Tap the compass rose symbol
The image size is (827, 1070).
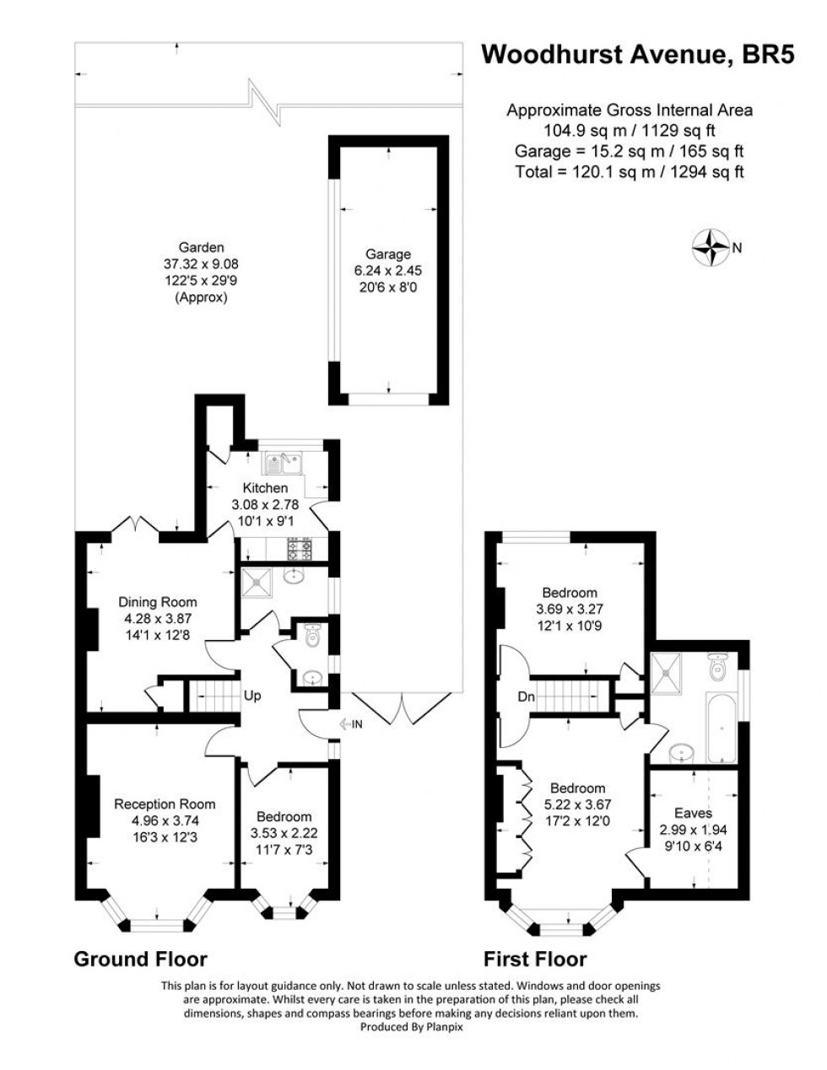[710, 247]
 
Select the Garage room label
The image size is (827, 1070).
[387, 254]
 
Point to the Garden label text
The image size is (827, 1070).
[201, 247]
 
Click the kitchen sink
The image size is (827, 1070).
[283, 462]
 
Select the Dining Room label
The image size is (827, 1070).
[157, 602]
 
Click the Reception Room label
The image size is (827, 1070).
[165, 804]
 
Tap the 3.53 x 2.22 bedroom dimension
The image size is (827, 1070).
[284, 833]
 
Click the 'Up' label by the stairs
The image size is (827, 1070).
[251, 696]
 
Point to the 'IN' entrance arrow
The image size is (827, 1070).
[351, 723]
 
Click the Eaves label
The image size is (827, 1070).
[693, 813]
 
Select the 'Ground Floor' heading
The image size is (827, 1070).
[140, 959]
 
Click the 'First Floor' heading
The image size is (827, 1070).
[534, 959]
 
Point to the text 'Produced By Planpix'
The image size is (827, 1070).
[412, 1027]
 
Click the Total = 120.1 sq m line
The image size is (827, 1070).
[629, 172]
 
